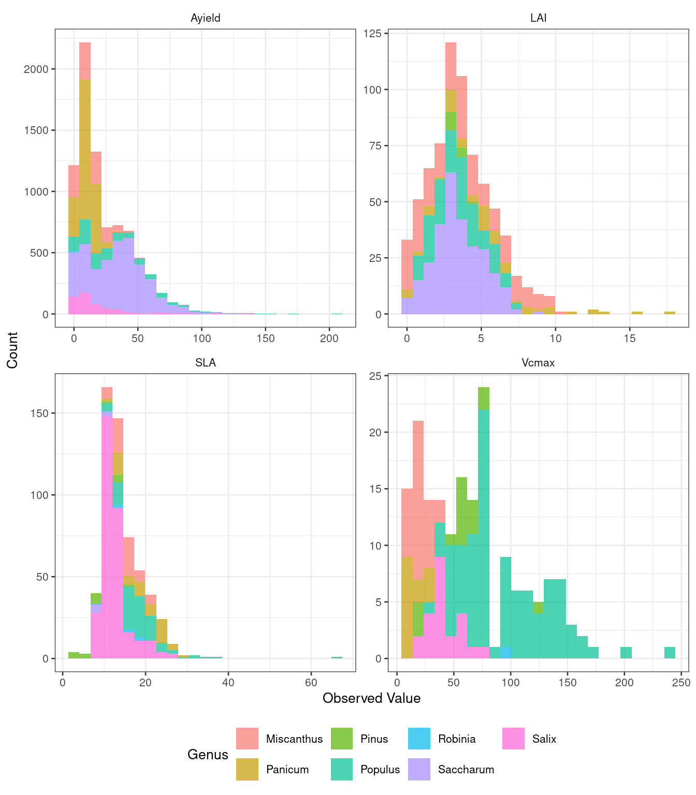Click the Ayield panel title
pyautogui.click(x=206, y=18)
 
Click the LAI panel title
pyautogui.click(x=539, y=18)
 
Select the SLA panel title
pyautogui.click(x=206, y=363)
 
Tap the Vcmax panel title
pyautogui.click(x=539, y=363)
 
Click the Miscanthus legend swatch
pyautogui.click(x=247, y=739)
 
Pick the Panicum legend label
pyautogui.click(x=287, y=770)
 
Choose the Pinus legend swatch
pyautogui.click(x=342, y=739)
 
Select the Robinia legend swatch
pyautogui.click(x=419, y=739)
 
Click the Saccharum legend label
pyautogui.click(x=466, y=770)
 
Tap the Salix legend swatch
pyautogui.click(x=513, y=739)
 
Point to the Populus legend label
pyautogui.click(x=380, y=770)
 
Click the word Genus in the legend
pyautogui.click(x=208, y=755)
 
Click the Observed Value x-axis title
pyautogui.click(x=371, y=698)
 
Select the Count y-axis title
pyautogui.click(x=12, y=350)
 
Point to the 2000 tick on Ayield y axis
pyautogui.click(x=36, y=69)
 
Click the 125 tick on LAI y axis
pyautogui.click(x=372, y=34)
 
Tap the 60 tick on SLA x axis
pyautogui.click(x=311, y=683)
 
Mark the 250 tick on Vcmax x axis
pyautogui.click(x=681, y=683)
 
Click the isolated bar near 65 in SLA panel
pyautogui.click(x=337, y=657)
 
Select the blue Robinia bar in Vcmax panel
pyautogui.click(x=505, y=653)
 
